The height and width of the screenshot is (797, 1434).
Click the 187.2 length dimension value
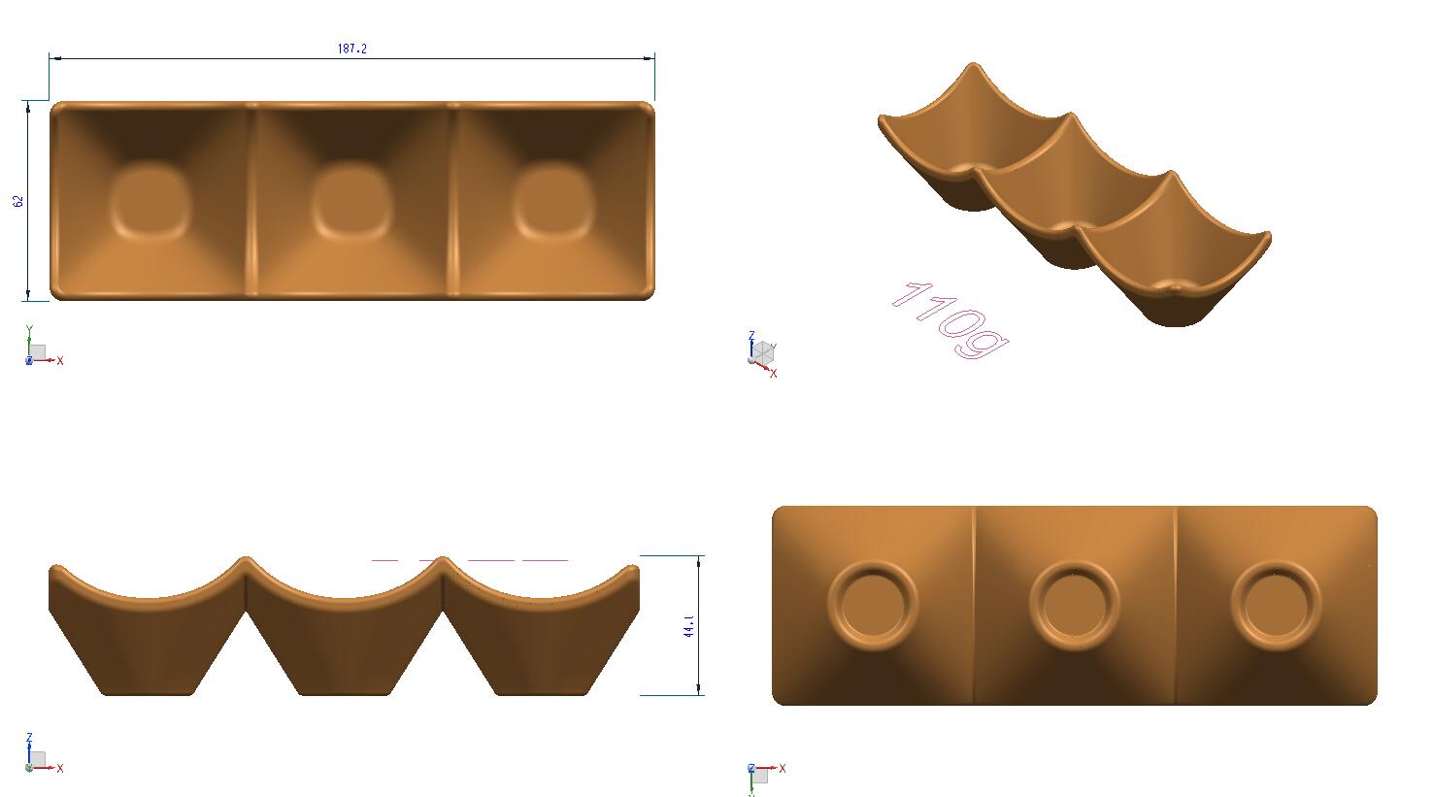pos(352,49)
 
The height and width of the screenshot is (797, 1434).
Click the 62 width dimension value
pos(18,201)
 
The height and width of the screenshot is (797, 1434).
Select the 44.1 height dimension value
pos(688,625)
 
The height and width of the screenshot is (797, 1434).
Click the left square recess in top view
pos(150,201)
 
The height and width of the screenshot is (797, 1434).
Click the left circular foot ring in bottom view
pos(872,604)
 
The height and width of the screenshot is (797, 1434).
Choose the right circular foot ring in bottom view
pos(1276,604)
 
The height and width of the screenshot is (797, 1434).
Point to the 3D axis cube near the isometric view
pos(763,352)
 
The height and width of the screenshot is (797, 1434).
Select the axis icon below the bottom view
pos(759,775)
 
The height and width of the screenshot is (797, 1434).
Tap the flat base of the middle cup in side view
pos(345,691)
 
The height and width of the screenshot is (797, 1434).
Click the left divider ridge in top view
pos(251,199)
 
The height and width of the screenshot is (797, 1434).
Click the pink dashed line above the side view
pos(470,560)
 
